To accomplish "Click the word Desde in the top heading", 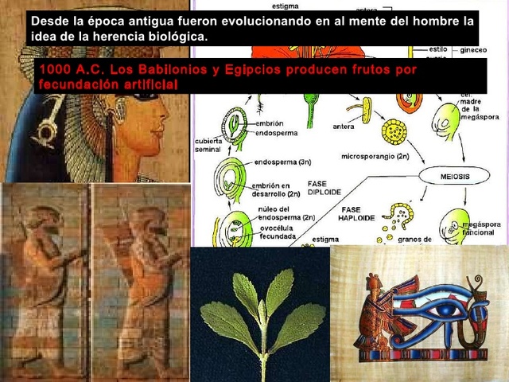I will tap(48, 21).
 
